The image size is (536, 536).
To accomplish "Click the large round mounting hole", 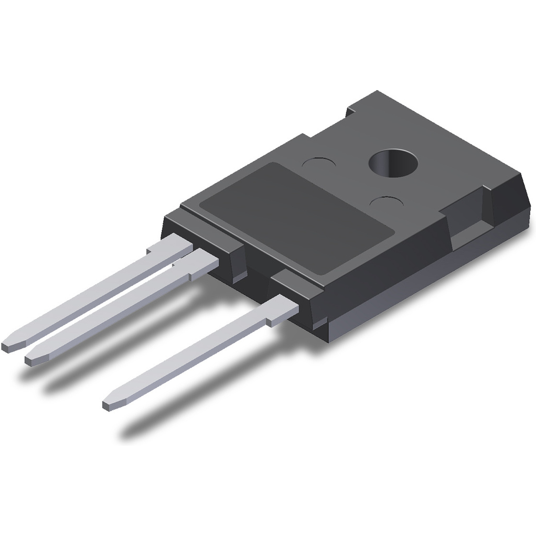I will (394, 163).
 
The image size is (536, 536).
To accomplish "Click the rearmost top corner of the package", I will (378, 93).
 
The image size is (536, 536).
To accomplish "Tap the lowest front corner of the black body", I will (328, 339).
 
